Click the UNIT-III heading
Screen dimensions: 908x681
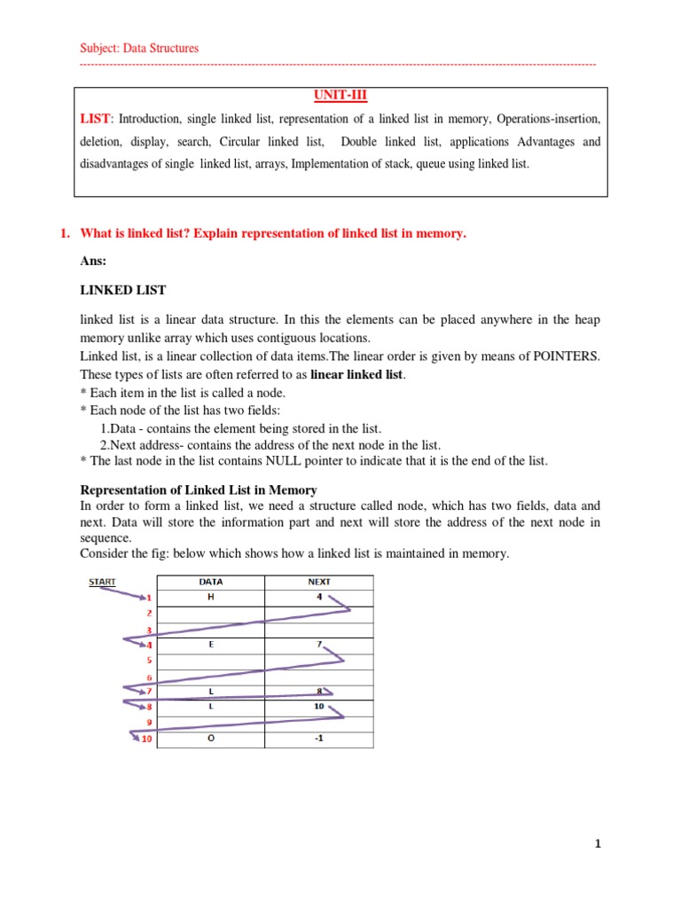tap(340, 96)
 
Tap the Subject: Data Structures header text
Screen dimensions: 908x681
tap(139, 48)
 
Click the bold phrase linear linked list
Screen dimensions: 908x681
tap(356, 374)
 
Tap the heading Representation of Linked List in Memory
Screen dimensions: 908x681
tap(199, 490)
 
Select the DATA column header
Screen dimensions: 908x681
tap(210, 583)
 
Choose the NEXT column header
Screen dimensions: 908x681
tap(319, 583)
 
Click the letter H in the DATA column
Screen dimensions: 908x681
tap(210, 598)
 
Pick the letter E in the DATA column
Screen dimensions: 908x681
tap(210, 645)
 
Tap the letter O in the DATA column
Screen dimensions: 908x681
tap(210, 739)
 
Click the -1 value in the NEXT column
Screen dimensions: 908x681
tap(319, 739)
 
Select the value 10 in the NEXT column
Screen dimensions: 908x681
tap(319, 707)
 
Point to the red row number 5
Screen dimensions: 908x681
tap(149, 661)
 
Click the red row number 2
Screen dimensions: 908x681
tap(149, 614)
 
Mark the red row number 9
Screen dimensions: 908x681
tap(149, 723)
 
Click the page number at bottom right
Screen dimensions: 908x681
tap(599, 845)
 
